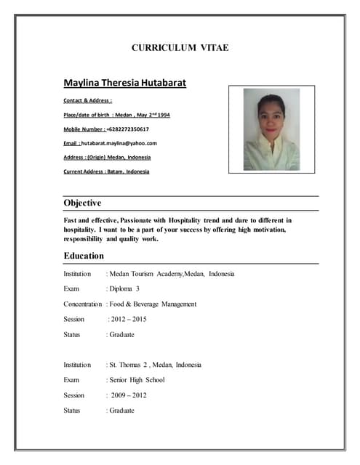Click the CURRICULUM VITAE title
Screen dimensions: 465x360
pos(180,48)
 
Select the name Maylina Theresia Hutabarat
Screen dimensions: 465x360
pos(124,83)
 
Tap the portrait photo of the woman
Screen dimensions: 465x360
pos(271,129)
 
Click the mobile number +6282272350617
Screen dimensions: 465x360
pos(128,129)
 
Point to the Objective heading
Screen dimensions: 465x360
pos(82,203)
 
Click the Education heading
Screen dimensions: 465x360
pos(84,256)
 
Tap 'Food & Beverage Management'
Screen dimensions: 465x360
pos(153,304)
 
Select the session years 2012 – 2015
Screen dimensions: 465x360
pos(127,319)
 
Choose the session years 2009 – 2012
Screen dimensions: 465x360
pos(129,395)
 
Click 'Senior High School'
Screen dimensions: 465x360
pos(137,380)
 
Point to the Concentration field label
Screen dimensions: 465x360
pos(83,304)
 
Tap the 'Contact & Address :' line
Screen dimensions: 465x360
pos(88,100)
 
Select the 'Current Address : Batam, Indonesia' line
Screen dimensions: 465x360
pos(106,171)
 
